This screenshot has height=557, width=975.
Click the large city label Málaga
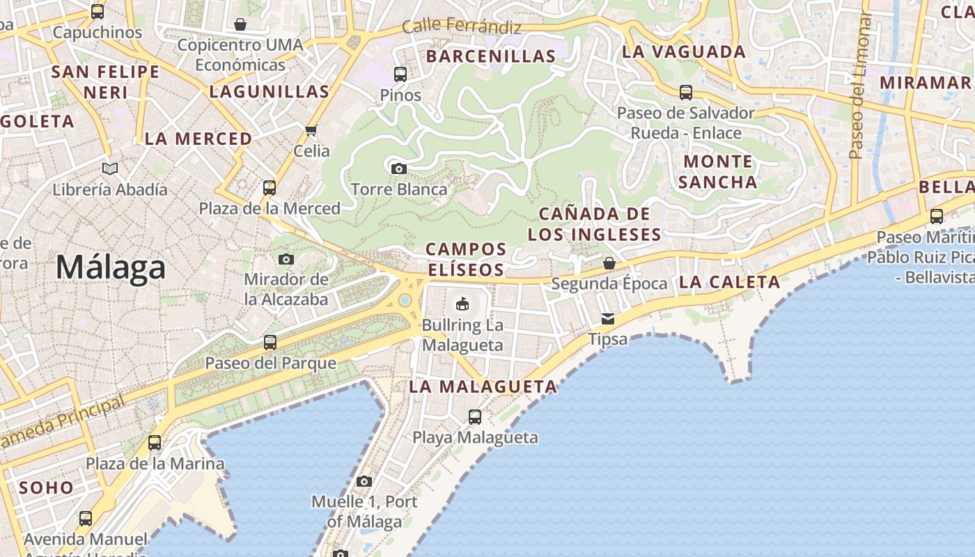click(111, 267)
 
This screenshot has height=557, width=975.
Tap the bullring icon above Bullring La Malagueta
click(462, 304)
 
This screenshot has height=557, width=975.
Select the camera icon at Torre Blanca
click(399, 168)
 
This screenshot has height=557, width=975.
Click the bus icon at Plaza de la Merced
click(270, 187)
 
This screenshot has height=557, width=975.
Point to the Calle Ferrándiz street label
click(462, 27)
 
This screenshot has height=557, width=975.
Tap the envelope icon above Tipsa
click(608, 319)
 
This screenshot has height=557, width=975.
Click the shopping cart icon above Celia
click(311, 130)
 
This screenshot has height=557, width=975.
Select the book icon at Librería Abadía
click(110, 168)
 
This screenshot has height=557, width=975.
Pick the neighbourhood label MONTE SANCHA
click(717, 172)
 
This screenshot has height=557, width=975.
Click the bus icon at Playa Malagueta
click(475, 417)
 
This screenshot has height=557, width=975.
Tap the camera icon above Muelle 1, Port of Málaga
click(364, 481)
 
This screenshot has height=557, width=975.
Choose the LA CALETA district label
click(729, 282)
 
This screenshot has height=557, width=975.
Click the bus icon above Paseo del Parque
click(270, 342)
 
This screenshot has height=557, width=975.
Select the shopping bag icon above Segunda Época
click(609, 263)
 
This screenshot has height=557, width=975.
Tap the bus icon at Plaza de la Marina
click(155, 443)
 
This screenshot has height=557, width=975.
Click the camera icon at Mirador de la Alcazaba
click(286, 259)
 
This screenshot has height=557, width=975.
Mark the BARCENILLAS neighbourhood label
click(491, 56)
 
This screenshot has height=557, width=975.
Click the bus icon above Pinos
click(400, 74)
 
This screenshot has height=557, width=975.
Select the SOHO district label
click(46, 487)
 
